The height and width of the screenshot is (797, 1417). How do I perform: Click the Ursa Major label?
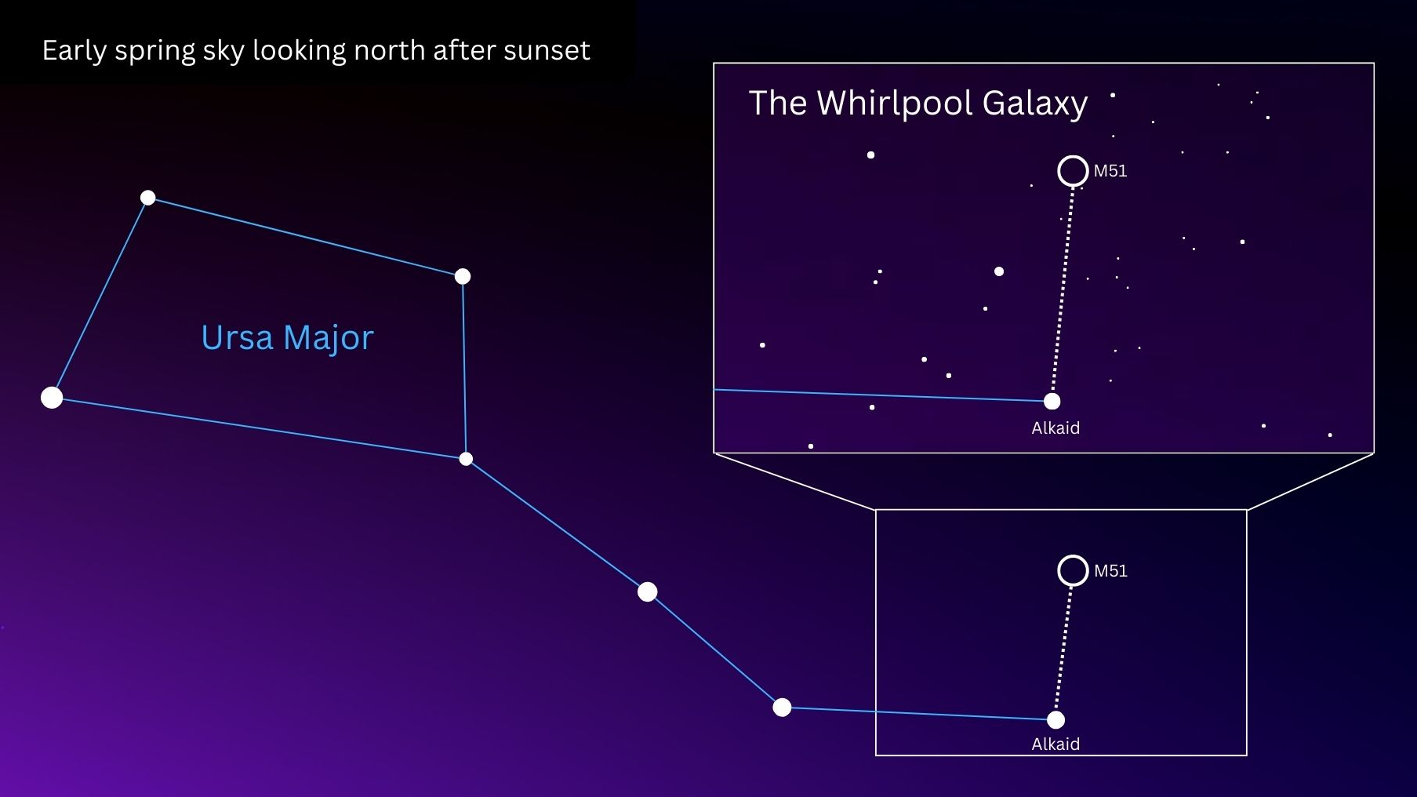287,338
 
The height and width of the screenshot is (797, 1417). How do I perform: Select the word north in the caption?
389,51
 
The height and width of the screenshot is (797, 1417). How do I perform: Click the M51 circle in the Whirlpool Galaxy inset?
1073,170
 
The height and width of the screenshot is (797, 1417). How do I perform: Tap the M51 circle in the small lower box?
1073,570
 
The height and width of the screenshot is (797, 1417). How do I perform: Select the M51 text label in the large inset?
1110,171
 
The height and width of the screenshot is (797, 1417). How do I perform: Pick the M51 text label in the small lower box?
1110,571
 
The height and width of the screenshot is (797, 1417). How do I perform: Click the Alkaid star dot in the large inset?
1052,402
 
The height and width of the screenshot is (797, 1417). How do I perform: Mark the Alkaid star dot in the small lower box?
1056,719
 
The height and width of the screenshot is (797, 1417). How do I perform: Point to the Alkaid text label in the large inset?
1055,428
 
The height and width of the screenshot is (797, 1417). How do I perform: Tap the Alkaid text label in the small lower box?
1055,744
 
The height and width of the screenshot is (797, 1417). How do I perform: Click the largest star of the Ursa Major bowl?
52,398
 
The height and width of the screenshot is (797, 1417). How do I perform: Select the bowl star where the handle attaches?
466,459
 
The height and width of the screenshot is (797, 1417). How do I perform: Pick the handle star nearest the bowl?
647,591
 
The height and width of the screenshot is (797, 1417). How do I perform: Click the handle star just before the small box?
782,708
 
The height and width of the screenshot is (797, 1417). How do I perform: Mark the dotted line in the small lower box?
1065,645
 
